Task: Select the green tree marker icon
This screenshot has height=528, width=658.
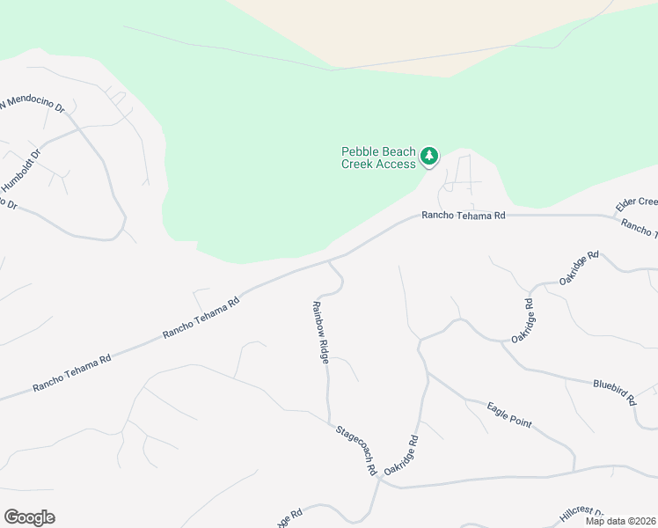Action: tap(429, 157)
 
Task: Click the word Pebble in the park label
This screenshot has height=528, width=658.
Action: tap(362, 151)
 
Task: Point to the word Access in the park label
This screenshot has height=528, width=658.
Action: tap(396, 164)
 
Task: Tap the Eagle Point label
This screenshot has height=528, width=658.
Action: tap(509, 414)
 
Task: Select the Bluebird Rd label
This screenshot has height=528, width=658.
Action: tap(615, 392)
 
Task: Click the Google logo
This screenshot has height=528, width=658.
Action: tap(29, 517)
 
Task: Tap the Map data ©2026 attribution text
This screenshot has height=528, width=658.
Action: tap(620, 521)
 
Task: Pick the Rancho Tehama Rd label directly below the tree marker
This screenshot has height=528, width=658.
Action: tap(464, 215)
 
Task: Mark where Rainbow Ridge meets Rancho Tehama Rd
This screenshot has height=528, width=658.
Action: tap(329, 260)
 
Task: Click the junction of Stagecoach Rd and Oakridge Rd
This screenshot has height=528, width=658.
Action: tap(378, 480)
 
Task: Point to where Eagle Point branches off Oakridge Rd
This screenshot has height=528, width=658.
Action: tap(428, 373)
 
